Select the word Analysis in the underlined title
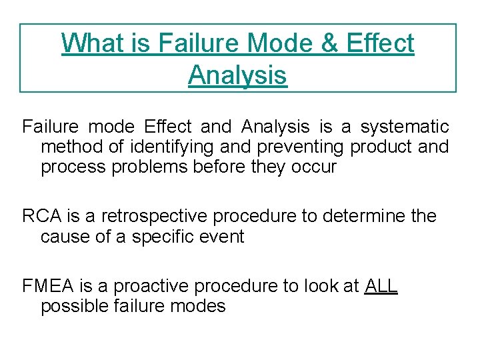(237, 75)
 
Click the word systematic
(405, 127)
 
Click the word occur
(314, 167)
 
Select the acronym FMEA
(49, 286)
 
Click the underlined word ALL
(381, 286)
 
